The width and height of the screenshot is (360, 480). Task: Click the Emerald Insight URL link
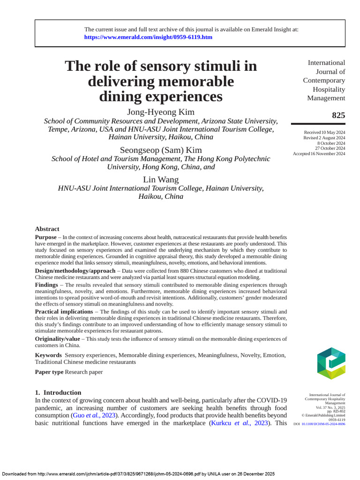[x=148, y=37]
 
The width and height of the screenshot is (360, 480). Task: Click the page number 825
[x=338, y=115]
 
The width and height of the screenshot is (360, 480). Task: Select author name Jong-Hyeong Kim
[x=161, y=112]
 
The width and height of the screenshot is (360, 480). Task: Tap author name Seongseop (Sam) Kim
[x=161, y=150]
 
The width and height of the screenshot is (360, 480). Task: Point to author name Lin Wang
[x=161, y=180]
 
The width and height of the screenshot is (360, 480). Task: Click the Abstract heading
[x=47, y=229]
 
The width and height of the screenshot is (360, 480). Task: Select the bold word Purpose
[x=45, y=238]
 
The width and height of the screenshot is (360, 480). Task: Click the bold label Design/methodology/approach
[x=75, y=271]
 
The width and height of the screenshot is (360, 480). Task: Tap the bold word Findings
[x=46, y=285]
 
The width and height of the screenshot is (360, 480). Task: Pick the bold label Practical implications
[x=64, y=312]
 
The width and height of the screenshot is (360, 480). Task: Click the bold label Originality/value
[x=57, y=338]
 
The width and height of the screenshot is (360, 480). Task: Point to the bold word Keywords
[x=48, y=355]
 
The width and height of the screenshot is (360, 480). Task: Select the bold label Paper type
[x=49, y=372]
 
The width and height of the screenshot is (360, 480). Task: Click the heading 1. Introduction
[x=58, y=393]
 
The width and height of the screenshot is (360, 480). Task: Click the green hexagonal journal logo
[x=331, y=363]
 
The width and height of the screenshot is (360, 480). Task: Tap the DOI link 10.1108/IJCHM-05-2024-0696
[x=323, y=424]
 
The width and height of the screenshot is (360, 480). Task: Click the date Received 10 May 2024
[x=324, y=133]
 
